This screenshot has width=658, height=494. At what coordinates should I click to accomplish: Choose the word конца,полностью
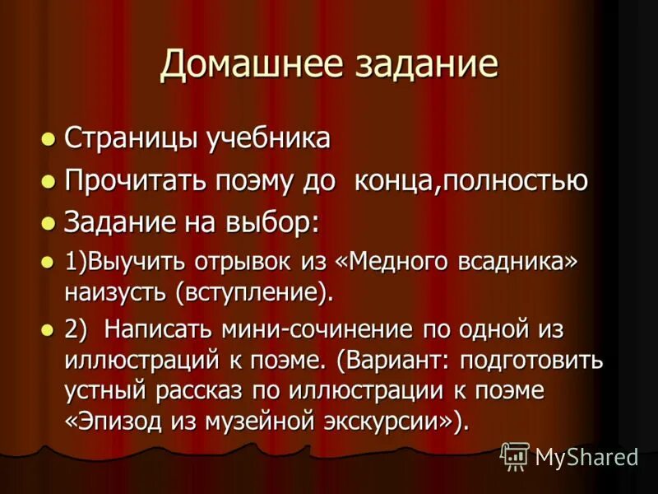click(470, 180)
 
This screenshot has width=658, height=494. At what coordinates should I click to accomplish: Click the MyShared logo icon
click(515, 455)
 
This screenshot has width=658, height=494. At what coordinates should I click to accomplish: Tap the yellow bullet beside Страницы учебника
click(49, 138)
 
